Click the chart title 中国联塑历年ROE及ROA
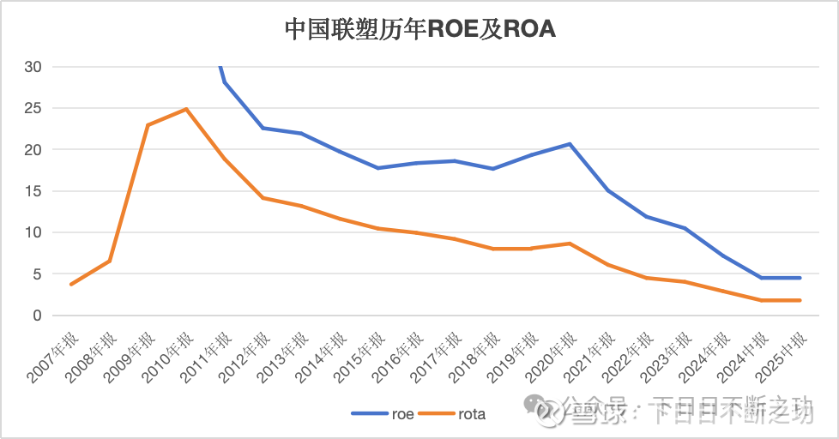[x=419, y=29]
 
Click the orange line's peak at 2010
[x=185, y=109]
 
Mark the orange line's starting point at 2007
[x=71, y=284]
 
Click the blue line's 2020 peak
[x=570, y=144]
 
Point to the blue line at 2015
[x=377, y=168]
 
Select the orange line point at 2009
[x=148, y=125]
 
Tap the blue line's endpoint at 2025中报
[x=800, y=278]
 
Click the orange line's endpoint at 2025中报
[x=800, y=300]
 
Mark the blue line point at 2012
[x=263, y=128]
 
